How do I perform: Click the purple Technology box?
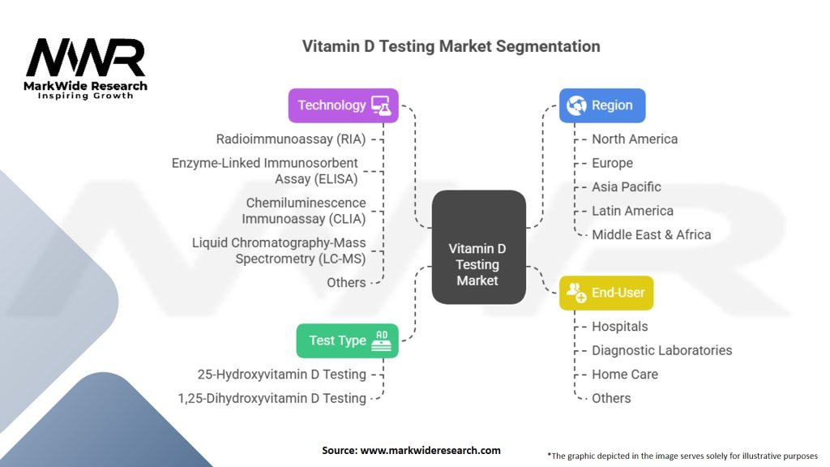pyautogui.click(x=343, y=105)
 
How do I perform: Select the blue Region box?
pyautogui.click(x=602, y=105)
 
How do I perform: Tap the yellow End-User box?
pyautogui.click(x=606, y=293)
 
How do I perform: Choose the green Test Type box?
pyautogui.click(x=347, y=341)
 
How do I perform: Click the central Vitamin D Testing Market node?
pyautogui.click(x=478, y=246)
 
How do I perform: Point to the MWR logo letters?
pyautogui.click(x=85, y=58)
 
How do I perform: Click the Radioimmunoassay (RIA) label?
pyautogui.click(x=291, y=139)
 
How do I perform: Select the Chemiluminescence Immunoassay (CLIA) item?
pyautogui.click(x=304, y=211)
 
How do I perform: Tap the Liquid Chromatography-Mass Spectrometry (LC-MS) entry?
pyautogui.click(x=279, y=251)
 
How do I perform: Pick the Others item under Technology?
pyautogui.click(x=346, y=283)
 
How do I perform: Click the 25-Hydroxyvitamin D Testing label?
pyautogui.click(x=281, y=375)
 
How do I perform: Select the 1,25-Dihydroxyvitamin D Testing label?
pyautogui.click(x=272, y=398)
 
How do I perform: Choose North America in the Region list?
pyautogui.click(x=635, y=139)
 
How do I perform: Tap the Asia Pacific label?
pyautogui.click(x=627, y=187)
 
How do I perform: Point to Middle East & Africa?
pyautogui.click(x=651, y=234)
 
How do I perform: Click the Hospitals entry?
pyautogui.click(x=620, y=327)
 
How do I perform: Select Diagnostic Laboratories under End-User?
pyautogui.click(x=661, y=350)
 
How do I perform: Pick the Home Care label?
pyautogui.click(x=625, y=375)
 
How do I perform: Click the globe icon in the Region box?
pyautogui.click(x=576, y=105)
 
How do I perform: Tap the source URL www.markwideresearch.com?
pyautogui.click(x=430, y=451)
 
